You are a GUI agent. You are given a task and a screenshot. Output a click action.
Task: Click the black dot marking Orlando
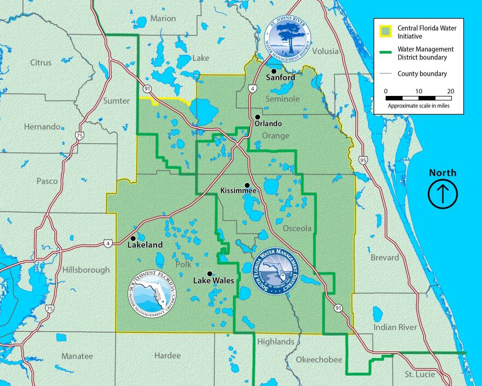257,117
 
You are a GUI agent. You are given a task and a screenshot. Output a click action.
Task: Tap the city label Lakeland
145,245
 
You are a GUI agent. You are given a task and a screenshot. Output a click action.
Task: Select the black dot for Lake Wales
209,273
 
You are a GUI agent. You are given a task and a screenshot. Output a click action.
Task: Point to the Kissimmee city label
238,191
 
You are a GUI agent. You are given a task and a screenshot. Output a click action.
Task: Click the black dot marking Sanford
273,71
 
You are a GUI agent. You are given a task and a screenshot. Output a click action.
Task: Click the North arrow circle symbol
443,194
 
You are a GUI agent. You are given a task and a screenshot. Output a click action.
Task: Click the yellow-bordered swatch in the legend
386,31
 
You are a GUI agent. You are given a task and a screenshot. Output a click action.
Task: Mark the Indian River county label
395,327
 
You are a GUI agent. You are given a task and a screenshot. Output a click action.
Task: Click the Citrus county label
41,63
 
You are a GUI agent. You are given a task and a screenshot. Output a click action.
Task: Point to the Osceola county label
297,228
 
